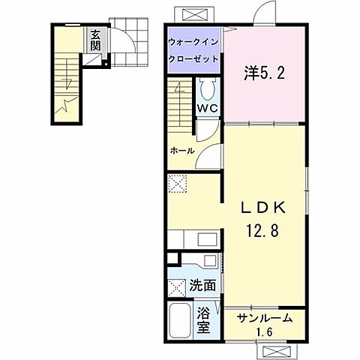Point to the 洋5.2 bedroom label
pos(262,73)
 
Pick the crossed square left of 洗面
pos(177,286)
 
